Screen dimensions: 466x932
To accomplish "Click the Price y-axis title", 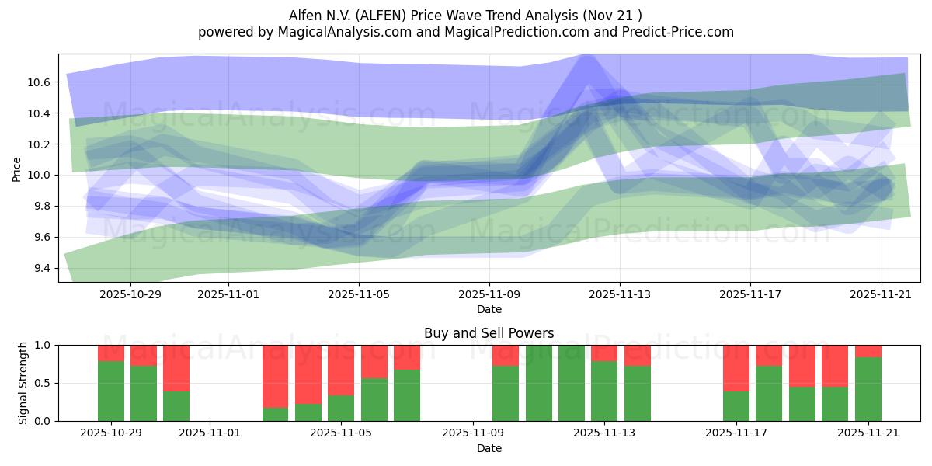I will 17,168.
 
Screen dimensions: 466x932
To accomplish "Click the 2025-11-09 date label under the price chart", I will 489,294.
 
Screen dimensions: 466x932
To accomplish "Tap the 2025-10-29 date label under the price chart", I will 130,294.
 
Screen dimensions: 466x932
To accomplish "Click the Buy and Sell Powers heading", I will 489,333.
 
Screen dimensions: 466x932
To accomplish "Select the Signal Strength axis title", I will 23,383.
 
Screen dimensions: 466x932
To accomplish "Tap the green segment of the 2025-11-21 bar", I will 868,389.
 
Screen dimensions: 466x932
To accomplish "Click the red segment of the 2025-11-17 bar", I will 736,368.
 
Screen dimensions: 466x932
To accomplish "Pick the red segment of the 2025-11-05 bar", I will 341,370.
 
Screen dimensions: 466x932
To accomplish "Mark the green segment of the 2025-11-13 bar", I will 604,391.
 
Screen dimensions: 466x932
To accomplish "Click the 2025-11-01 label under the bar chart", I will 210,433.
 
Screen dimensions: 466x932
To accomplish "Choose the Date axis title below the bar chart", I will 489,448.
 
